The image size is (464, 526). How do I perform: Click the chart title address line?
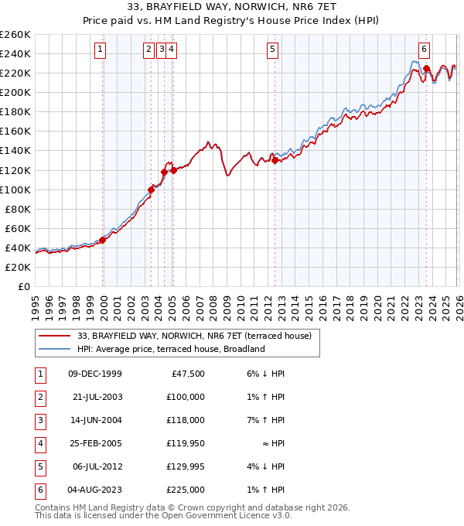pyautogui.click(x=231, y=9)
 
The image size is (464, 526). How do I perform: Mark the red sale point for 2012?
pyautogui.click(x=275, y=161)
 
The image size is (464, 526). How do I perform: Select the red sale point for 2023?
pyautogui.click(x=426, y=69)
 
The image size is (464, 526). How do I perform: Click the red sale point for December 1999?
pyautogui.click(x=103, y=241)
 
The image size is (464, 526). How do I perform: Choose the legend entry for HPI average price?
pyautogui.click(x=170, y=349)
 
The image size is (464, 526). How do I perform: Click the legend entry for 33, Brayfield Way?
pyautogui.click(x=193, y=336)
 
